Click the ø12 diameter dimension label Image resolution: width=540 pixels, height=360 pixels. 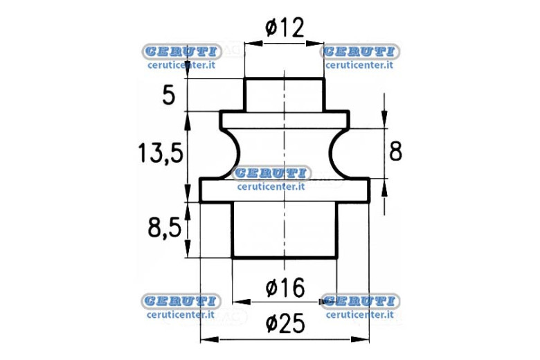pyautogui.click(x=285, y=28)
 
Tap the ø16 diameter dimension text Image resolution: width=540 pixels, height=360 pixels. pyautogui.click(x=285, y=288)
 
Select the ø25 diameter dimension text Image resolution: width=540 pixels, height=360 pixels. pyautogui.click(x=285, y=323)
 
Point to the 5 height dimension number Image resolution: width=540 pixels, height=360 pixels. pyautogui.click(x=169, y=96)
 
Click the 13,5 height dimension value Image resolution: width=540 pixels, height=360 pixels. pyautogui.click(x=161, y=153)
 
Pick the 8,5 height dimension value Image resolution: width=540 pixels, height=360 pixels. pyautogui.click(x=165, y=227)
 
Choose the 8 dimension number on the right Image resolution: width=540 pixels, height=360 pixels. pyautogui.click(x=395, y=151)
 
